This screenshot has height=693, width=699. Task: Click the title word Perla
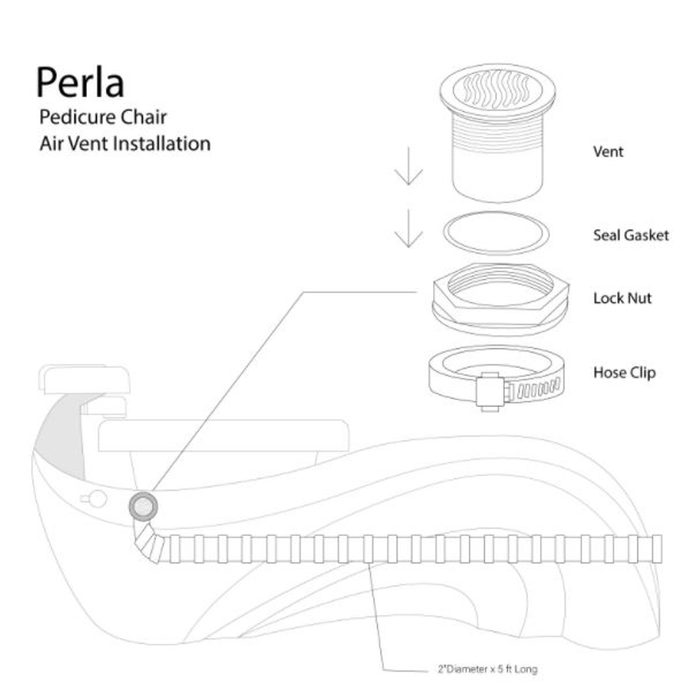tap(80, 82)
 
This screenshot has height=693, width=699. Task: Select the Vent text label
tap(608, 152)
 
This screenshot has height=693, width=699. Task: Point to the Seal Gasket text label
tap(631, 235)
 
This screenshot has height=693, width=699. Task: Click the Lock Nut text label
tap(623, 298)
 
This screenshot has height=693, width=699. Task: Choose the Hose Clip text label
tap(624, 372)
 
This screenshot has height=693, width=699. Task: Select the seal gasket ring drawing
tap(496, 233)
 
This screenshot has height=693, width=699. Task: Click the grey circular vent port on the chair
tap(143, 507)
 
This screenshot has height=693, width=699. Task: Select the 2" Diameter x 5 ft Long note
tap(487, 669)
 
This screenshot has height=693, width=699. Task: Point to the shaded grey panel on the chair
tap(60, 437)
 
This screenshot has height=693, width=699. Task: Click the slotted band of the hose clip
tap(538, 390)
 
